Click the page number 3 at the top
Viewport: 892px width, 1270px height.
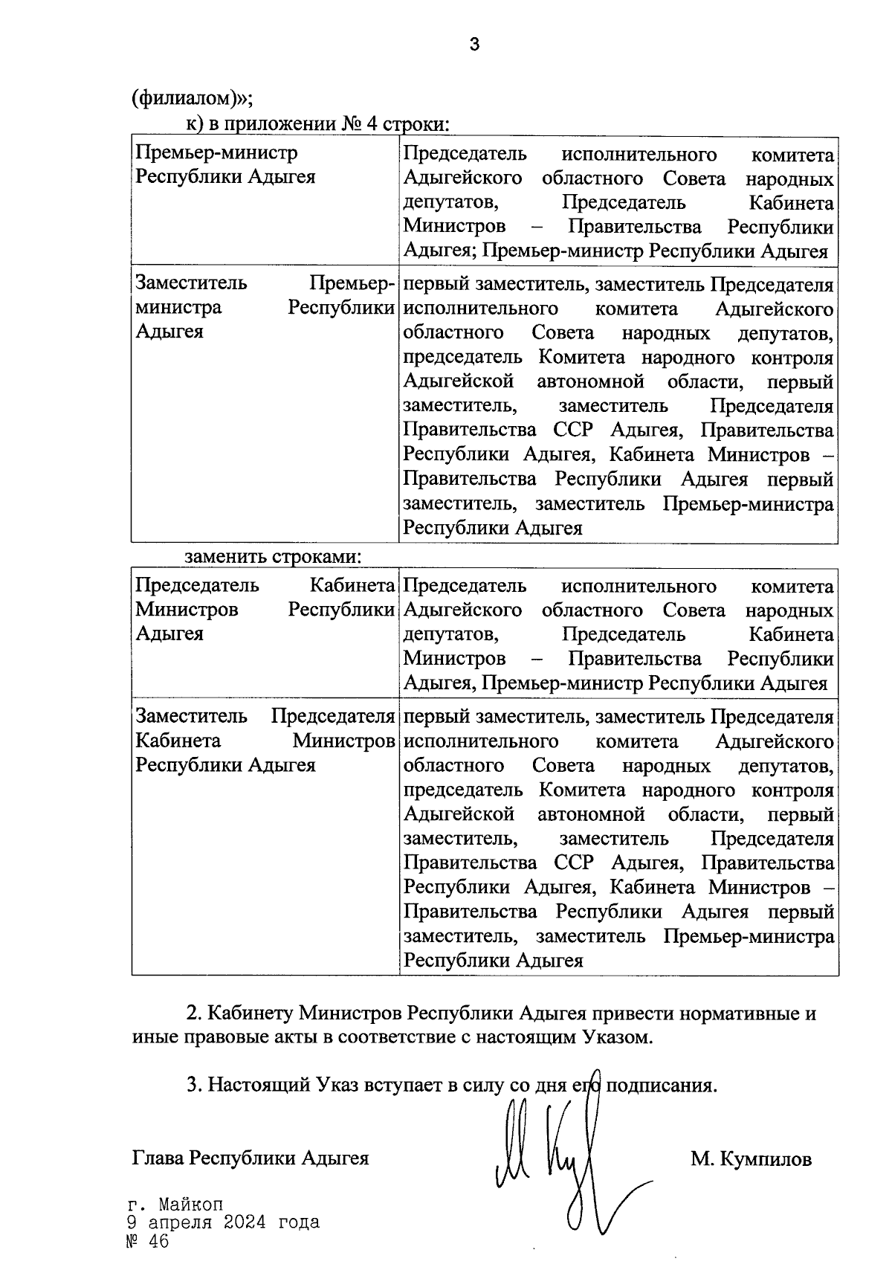click(x=474, y=45)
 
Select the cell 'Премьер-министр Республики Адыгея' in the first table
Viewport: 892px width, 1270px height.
click(x=225, y=165)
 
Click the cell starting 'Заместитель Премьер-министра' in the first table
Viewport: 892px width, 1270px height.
click(x=264, y=307)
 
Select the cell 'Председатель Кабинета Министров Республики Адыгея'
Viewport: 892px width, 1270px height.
click(x=264, y=610)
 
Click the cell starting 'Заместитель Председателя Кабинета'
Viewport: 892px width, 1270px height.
click(x=264, y=741)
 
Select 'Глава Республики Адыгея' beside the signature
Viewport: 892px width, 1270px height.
click(x=251, y=1158)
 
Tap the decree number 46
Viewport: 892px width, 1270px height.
click(x=158, y=1242)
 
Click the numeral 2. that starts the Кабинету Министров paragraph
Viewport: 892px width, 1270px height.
click(x=194, y=1013)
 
